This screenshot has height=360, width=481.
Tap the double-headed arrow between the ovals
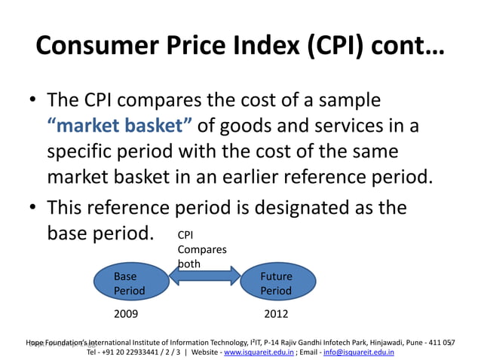pos(203,282)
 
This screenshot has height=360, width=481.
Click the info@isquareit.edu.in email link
pos(358,352)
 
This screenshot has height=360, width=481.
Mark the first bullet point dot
pos(33,102)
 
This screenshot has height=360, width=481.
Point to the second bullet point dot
pos(33,208)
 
